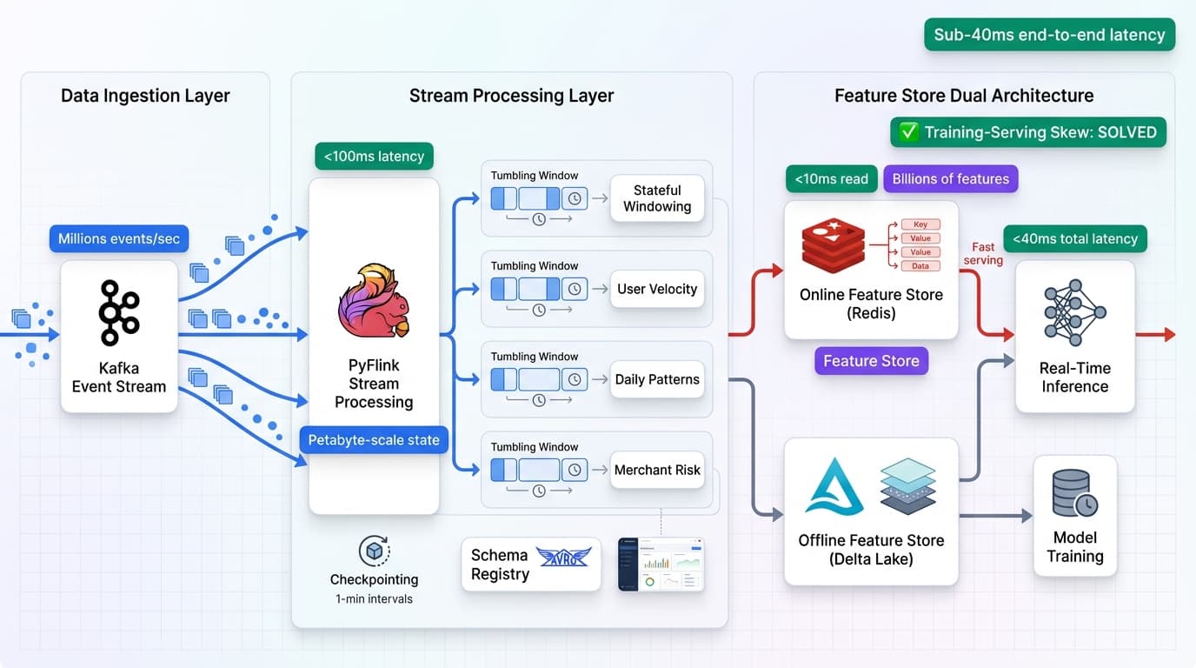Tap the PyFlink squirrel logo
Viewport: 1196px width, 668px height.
374,300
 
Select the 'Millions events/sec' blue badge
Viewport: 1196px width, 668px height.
119,239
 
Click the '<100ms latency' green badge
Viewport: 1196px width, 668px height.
374,157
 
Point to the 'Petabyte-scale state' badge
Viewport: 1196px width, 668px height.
374,440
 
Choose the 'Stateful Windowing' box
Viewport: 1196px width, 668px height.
657,198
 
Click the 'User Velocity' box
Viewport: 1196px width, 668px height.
657,289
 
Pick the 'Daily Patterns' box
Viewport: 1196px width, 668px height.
657,379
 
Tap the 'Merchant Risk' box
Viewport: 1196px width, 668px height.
657,470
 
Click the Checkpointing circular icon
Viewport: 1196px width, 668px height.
374,551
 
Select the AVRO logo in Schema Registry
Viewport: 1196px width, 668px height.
563,557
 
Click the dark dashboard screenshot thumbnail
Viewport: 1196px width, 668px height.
661,564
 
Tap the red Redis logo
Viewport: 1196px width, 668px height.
833,245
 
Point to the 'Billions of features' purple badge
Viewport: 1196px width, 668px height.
950,179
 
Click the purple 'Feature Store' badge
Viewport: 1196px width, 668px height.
871,361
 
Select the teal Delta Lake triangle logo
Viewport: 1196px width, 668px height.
834,487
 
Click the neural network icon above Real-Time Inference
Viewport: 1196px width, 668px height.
1074,313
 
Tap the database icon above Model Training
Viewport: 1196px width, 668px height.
1074,493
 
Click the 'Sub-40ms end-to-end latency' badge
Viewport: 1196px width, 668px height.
1049,35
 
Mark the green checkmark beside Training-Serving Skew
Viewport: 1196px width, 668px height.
908,132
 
